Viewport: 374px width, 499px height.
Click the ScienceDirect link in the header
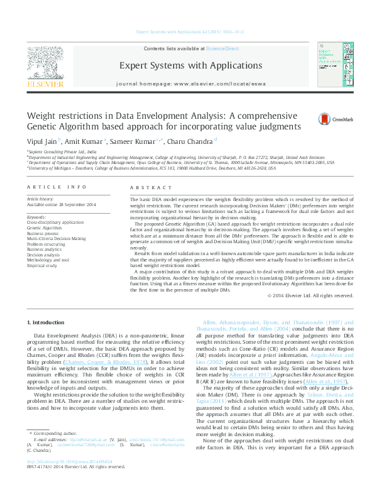click(x=223, y=48)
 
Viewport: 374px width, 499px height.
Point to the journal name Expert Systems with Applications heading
click(x=187, y=65)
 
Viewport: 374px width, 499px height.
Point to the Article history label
click(x=41, y=199)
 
